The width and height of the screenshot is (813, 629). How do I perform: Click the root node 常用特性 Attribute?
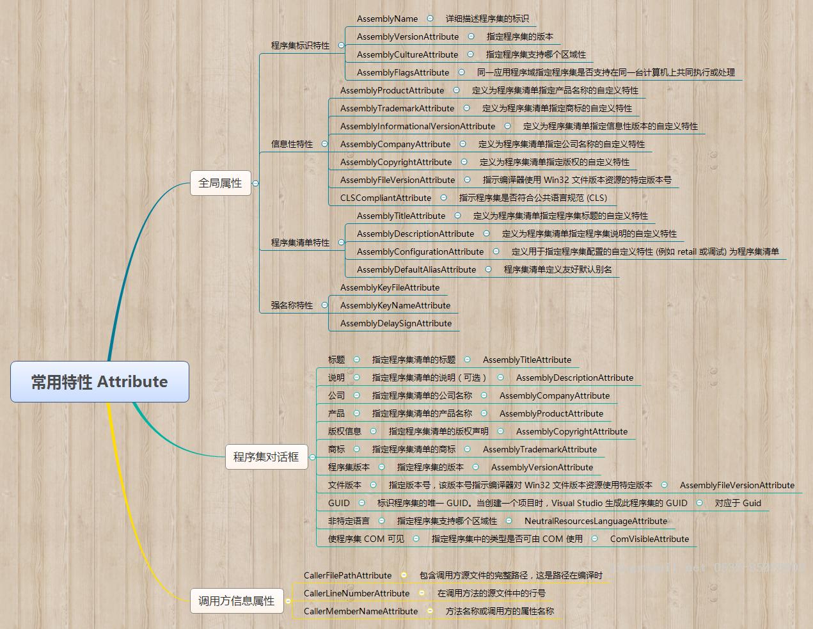(x=100, y=381)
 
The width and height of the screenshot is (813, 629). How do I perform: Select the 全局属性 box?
(x=221, y=183)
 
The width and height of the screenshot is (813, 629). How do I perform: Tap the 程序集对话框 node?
(x=266, y=457)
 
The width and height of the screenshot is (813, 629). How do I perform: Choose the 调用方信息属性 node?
(x=237, y=601)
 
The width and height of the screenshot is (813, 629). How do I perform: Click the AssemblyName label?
(x=387, y=19)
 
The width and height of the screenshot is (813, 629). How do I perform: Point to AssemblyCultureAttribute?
(x=407, y=54)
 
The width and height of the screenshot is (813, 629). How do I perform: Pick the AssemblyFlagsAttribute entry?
(x=403, y=72)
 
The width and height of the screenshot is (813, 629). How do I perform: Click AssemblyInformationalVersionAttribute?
(x=418, y=127)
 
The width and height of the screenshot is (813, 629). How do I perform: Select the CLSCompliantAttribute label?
(x=386, y=198)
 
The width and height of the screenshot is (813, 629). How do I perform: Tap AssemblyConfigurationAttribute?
(x=420, y=252)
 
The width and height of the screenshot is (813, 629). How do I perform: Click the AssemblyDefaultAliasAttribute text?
(x=416, y=270)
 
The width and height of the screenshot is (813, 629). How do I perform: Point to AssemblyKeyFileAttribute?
(x=390, y=288)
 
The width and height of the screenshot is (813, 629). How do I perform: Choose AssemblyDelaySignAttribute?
(x=396, y=323)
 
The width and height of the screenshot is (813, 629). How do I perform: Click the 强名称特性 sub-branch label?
(x=292, y=305)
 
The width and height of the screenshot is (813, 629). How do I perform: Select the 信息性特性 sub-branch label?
(x=292, y=144)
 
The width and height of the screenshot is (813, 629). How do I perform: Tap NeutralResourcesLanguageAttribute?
(x=596, y=521)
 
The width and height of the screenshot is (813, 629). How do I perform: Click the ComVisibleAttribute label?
(x=649, y=539)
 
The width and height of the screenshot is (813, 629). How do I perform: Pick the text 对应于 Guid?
(x=738, y=503)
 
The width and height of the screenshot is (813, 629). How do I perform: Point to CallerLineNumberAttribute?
(x=356, y=593)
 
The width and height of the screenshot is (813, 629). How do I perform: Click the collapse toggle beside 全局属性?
(x=255, y=184)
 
